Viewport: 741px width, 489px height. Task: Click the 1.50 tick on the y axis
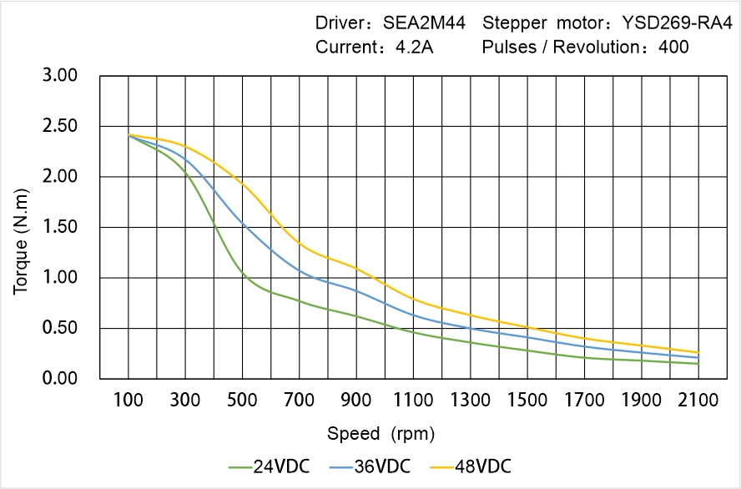tap(59, 227)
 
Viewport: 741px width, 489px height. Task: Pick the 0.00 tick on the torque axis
tap(59, 379)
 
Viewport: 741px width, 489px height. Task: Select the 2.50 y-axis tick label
tap(59, 126)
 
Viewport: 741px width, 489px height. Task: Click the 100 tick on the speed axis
tap(128, 401)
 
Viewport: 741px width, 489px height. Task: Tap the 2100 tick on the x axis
tap(698, 401)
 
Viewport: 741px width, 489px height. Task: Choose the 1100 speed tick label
tap(413, 401)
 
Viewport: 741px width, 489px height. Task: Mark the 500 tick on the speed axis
tap(242, 401)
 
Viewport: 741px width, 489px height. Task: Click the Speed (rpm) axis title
tap(381, 434)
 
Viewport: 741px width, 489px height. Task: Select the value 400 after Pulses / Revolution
tap(673, 47)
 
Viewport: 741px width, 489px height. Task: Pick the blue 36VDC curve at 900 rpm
tap(356, 290)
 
